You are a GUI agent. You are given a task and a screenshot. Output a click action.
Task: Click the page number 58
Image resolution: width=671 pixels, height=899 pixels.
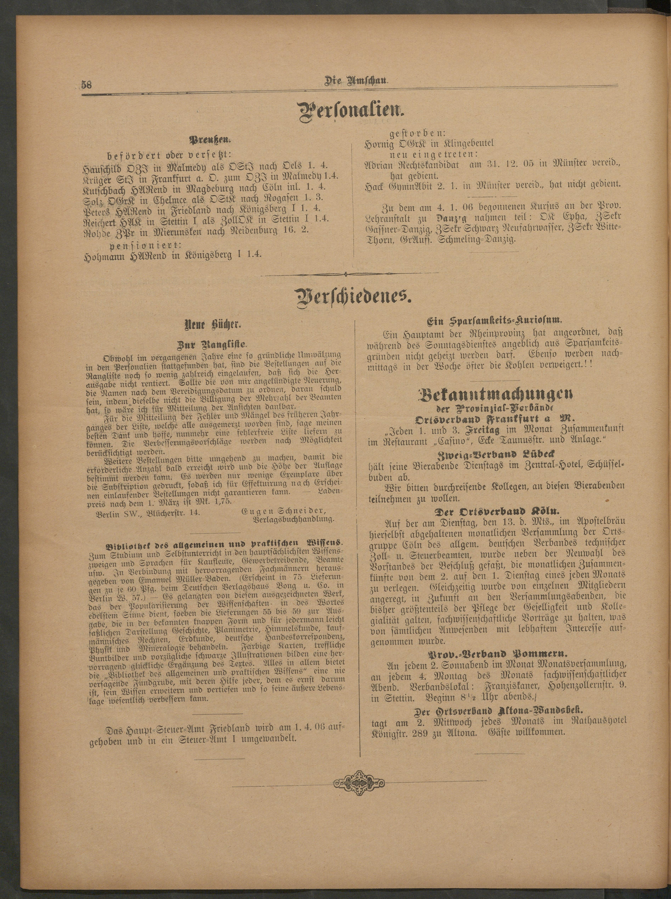click(x=86, y=85)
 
